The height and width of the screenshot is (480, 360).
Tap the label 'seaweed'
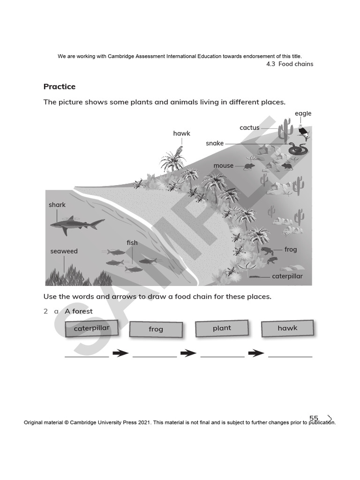click(64, 251)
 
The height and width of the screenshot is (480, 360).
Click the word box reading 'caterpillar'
click(91, 329)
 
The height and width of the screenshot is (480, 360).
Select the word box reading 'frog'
click(156, 329)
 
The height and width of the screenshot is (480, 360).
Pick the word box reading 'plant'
click(222, 328)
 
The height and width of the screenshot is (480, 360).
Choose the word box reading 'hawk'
click(287, 328)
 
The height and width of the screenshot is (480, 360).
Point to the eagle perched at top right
click(304, 131)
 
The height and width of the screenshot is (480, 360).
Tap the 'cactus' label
click(249, 127)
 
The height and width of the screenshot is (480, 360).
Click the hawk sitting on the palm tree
click(179, 150)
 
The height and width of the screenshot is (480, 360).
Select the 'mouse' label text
click(223, 165)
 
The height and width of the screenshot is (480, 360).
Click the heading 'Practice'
click(59, 87)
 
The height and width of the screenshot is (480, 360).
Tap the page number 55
click(314, 418)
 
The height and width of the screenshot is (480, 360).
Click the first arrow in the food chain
click(120, 353)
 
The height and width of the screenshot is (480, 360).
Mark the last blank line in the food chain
click(290, 357)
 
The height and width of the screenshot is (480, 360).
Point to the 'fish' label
click(132, 243)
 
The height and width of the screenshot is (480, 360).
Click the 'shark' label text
click(57, 205)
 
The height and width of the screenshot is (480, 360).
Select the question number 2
click(45, 311)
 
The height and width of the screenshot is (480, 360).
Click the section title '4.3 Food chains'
click(289, 64)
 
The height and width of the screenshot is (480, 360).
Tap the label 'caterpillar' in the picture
click(287, 276)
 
